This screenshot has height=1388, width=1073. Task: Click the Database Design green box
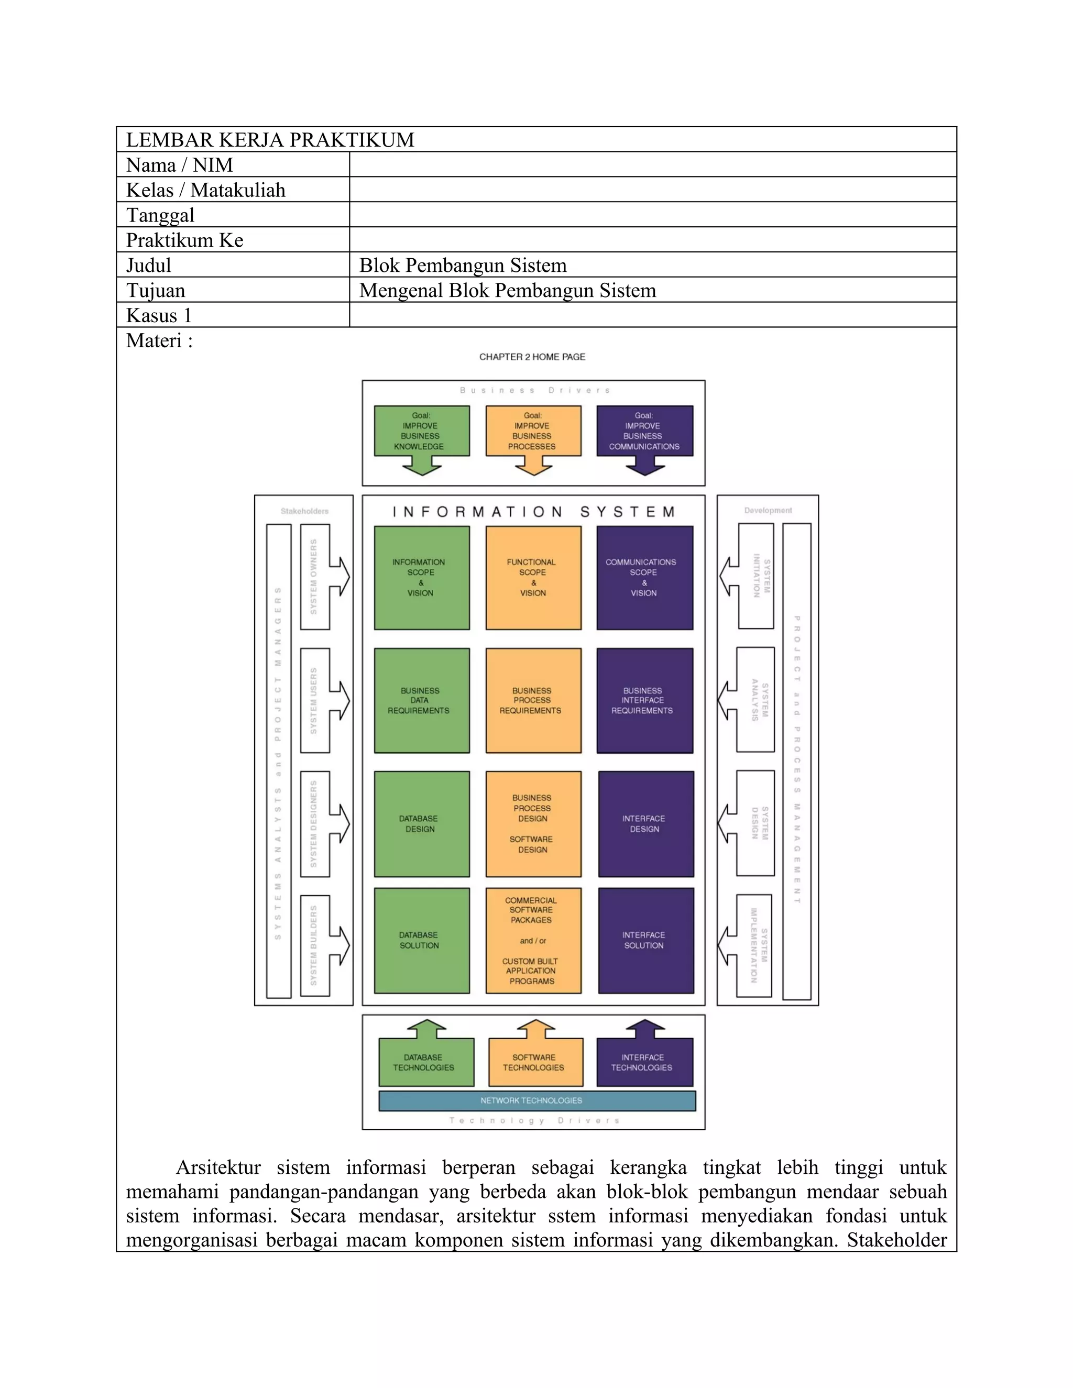point(421,824)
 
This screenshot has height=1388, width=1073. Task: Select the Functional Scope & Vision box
point(533,577)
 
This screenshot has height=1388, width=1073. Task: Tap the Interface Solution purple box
point(645,940)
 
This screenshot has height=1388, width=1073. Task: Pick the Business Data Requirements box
point(421,700)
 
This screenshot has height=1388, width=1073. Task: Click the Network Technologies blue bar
point(536,1100)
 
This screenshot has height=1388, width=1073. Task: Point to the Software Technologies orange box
point(535,1062)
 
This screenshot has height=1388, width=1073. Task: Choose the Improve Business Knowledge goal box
point(421,431)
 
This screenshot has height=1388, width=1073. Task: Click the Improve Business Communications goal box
point(644,431)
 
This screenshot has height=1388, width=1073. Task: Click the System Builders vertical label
point(313,945)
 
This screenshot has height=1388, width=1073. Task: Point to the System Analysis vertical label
point(759,700)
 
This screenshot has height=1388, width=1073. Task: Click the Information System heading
point(533,512)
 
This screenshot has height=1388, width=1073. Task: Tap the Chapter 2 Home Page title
point(532,357)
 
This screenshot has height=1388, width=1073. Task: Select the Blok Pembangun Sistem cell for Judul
point(463,265)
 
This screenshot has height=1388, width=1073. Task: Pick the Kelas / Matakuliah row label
point(206,190)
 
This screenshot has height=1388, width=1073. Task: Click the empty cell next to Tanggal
point(652,215)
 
